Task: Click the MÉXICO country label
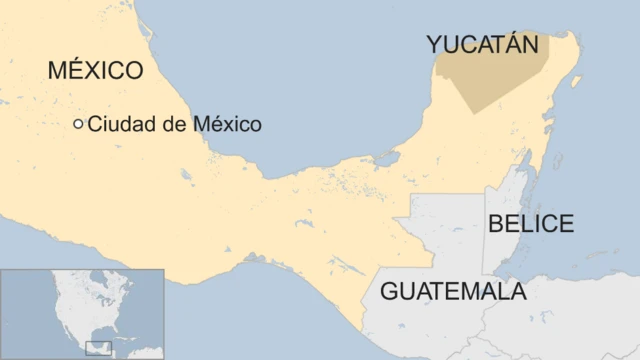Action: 96,70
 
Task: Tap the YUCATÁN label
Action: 482,44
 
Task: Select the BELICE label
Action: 530,223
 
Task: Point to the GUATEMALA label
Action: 453,292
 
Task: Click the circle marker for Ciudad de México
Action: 79,124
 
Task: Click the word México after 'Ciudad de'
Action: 229,125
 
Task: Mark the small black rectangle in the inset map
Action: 98,348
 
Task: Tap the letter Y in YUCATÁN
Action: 435,44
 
